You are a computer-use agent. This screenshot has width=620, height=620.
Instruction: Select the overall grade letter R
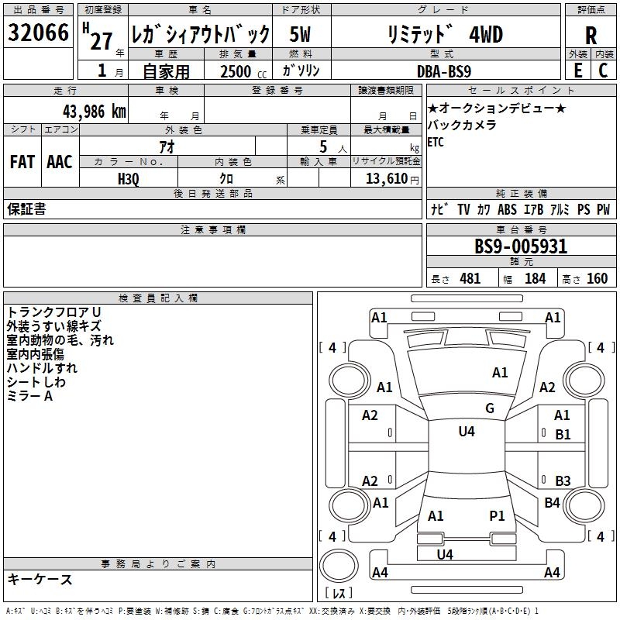tap(591, 35)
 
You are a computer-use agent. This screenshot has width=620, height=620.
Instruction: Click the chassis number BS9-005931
tap(521, 246)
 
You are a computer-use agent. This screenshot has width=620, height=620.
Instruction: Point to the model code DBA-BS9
tap(454, 71)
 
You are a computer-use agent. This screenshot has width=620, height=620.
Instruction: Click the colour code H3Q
tap(128, 178)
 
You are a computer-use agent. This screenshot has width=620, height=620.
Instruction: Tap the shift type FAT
tap(22, 161)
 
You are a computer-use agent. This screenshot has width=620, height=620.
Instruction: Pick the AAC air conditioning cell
tap(60, 161)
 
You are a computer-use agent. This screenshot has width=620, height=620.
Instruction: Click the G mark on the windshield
tap(490, 408)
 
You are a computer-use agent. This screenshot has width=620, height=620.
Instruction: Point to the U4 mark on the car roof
tap(467, 432)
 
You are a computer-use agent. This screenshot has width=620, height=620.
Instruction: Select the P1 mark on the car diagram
tap(497, 515)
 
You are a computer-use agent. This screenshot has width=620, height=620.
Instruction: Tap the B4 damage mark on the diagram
tap(552, 503)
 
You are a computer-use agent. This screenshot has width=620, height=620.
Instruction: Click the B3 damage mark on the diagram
tap(563, 481)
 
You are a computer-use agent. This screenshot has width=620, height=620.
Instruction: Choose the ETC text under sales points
tap(436, 143)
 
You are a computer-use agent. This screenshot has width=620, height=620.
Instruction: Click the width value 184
tap(535, 279)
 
